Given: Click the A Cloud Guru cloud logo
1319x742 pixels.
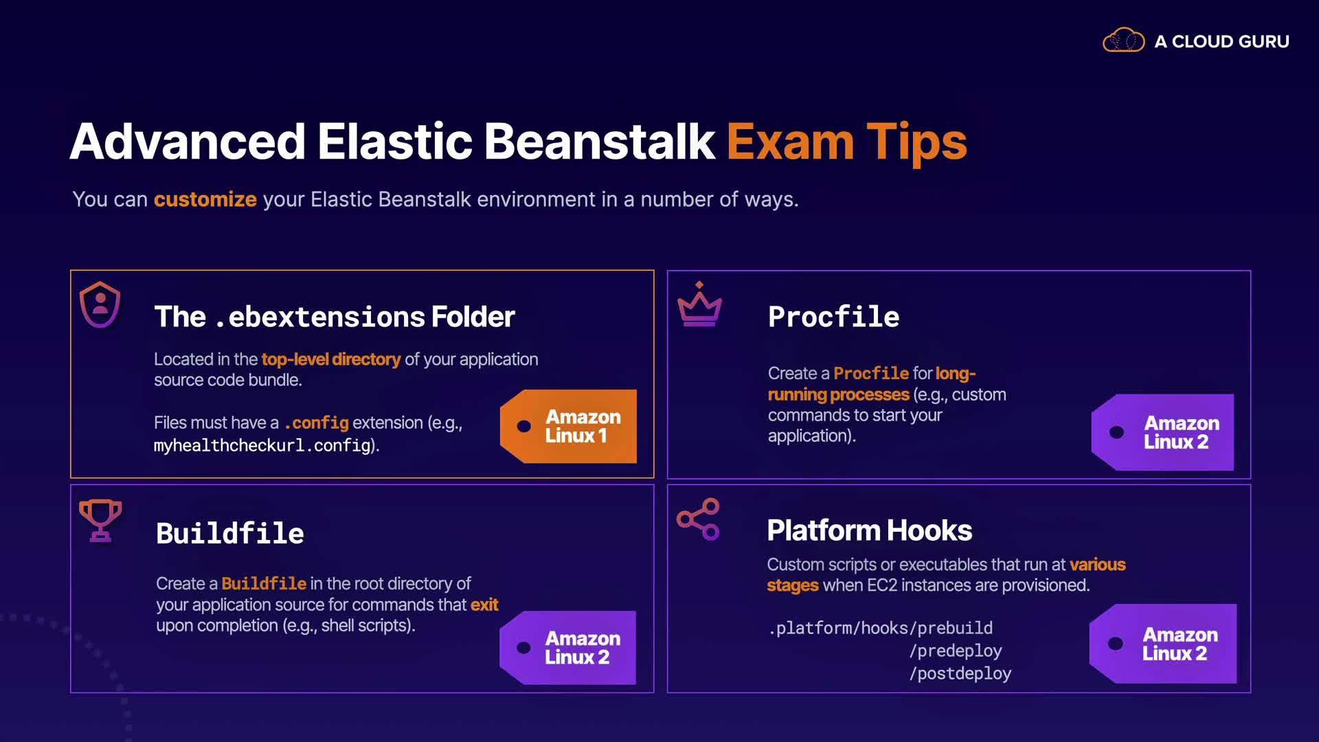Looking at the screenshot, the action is pos(1123,41).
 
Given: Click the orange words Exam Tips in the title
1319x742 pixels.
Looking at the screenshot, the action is pos(846,142).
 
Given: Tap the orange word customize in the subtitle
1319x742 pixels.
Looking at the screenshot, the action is pos(205,199).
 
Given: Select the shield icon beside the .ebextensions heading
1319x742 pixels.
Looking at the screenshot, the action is pos(100,304).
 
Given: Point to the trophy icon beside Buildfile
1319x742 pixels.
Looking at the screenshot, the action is pos(100,520).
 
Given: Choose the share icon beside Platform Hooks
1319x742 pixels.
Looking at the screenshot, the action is pos(698,519).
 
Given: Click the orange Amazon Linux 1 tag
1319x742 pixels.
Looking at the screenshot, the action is pos(569,426).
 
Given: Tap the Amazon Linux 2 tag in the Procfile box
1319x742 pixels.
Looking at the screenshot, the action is pos(1162,432).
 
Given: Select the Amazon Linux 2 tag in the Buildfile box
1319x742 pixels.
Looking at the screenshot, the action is pos(568,648).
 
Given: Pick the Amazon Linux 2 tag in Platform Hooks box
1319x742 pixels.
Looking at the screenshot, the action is pos(1163,644).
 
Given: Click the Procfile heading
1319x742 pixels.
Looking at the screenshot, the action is pos(834,317).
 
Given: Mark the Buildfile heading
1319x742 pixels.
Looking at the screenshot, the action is pos(230,533).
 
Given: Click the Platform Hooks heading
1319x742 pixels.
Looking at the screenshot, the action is pos(869,530).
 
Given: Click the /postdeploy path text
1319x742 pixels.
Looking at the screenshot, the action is pos(960,673).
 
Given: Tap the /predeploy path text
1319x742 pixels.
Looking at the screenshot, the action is pos(956,651).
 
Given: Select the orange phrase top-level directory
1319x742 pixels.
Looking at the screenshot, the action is pos(331,359).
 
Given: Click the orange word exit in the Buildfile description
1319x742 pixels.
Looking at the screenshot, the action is pos(484,605).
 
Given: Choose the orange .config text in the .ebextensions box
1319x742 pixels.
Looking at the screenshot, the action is pos(316,423).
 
